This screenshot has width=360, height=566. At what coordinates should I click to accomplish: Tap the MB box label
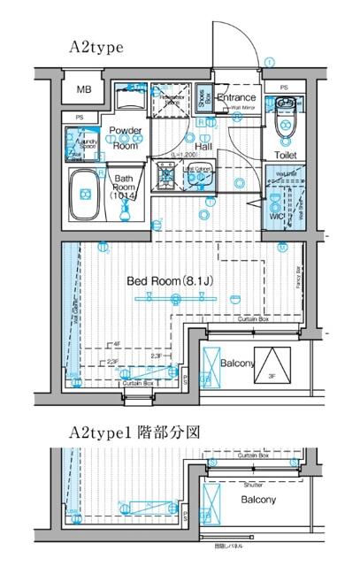84,90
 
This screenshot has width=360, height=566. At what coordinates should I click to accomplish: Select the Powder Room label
126,138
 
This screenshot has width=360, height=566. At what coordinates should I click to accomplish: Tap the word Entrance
236,97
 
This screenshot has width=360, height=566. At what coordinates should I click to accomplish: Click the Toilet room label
285,155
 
